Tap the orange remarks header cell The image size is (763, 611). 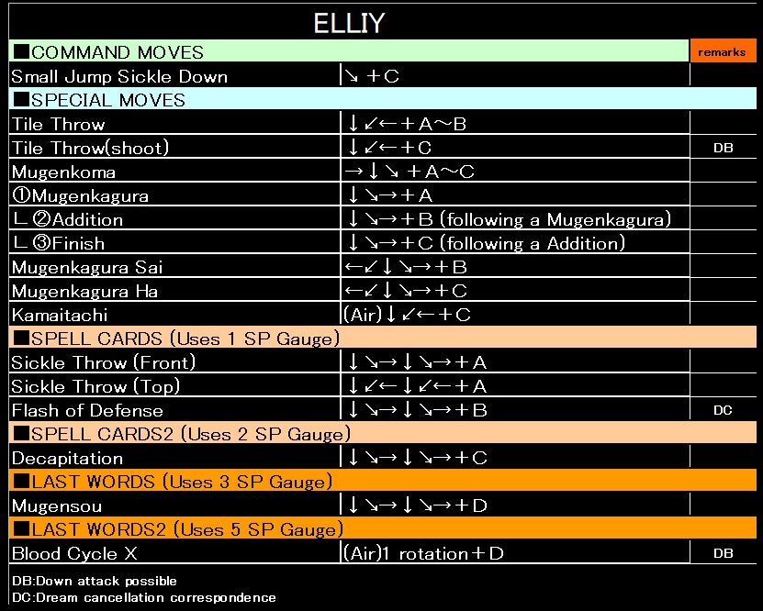(x=722, y=52)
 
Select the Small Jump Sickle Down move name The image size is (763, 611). (x=119, y=76)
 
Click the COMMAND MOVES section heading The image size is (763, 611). (x=108, y=52)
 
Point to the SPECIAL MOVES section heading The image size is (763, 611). (x=99, y=100)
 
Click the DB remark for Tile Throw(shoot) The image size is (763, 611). (x=723, y=148)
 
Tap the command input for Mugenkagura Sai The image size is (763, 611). (x=407, y=267)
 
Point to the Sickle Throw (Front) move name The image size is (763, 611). (x=104, y=362)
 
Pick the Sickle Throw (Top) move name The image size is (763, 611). (x=95, y=386)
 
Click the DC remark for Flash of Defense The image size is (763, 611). (x=723, y=410)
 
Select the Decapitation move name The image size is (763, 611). (x=67, y=458)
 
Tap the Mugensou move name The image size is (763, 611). (x=57, y=505)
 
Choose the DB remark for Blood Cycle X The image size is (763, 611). (x=723, y=553)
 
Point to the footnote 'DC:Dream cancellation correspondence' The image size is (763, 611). (x=143, y=597)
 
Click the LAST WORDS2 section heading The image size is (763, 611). (x=177, y=529)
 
